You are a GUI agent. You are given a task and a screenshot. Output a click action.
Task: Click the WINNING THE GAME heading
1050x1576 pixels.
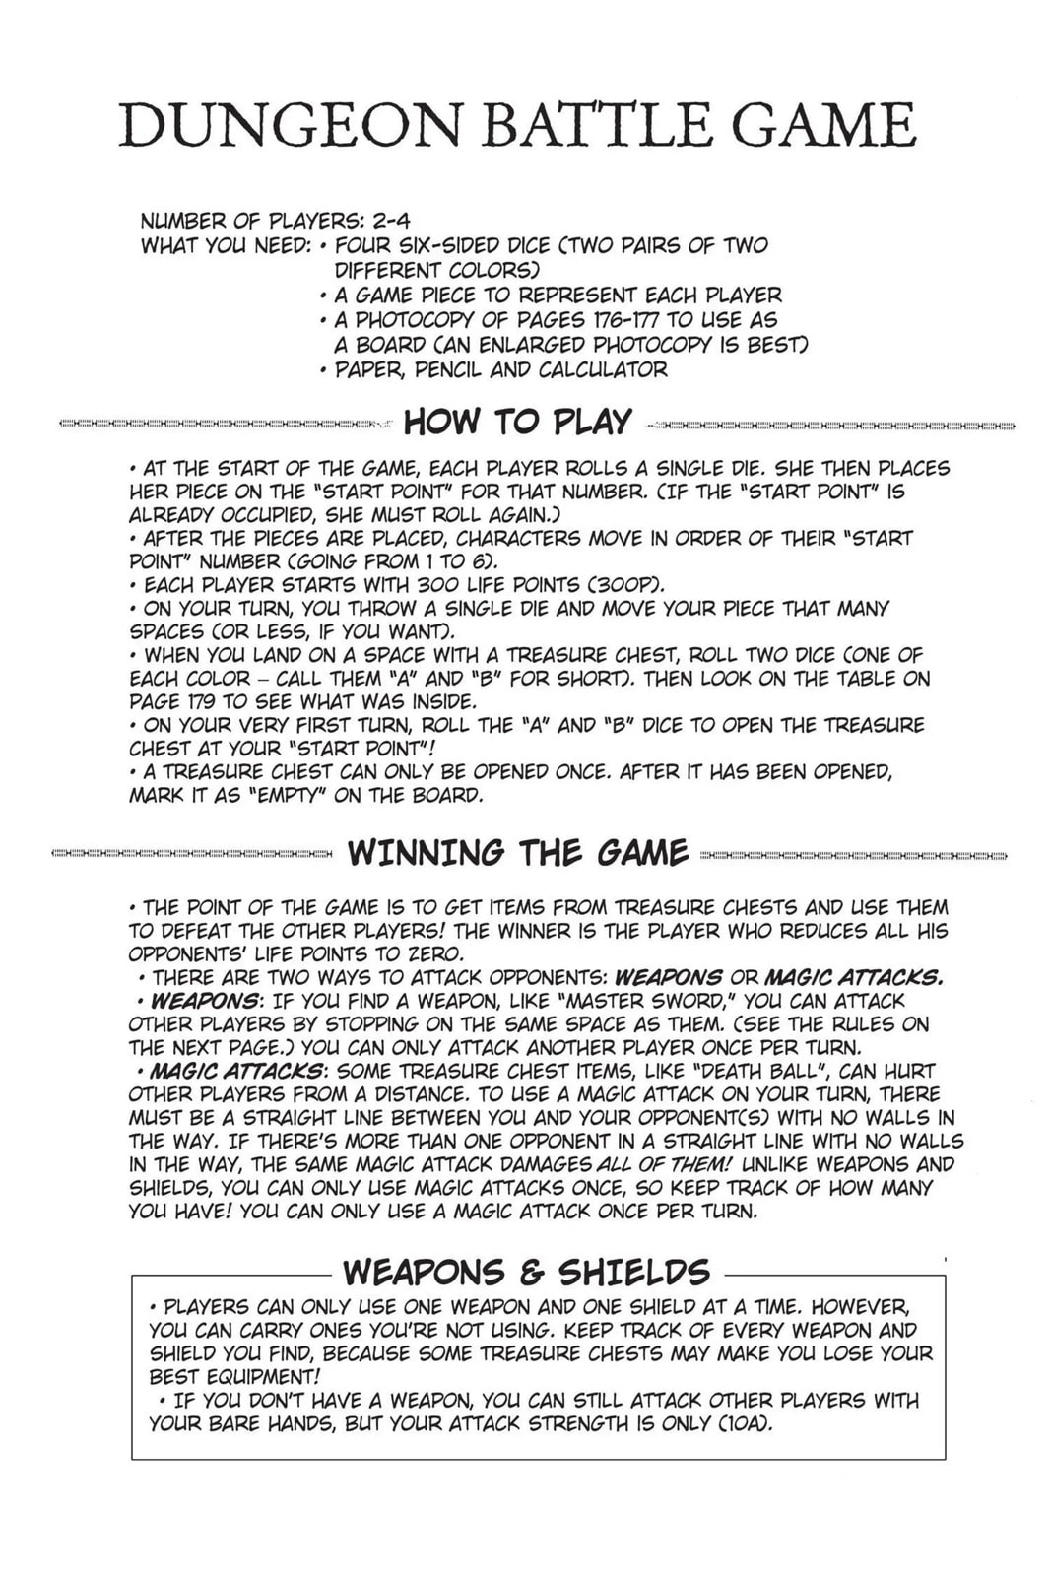(517, 852)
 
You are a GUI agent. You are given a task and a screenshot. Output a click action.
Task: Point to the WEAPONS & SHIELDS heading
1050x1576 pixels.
(526, 1272)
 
